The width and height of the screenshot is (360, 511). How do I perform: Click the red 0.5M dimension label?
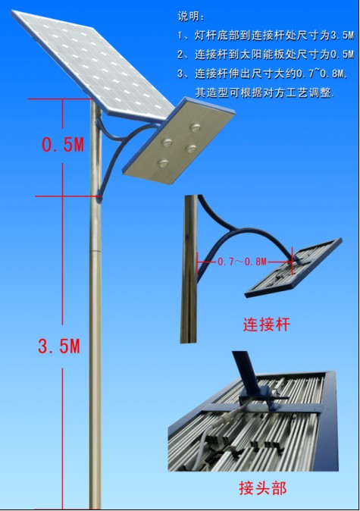(x=63, y=144)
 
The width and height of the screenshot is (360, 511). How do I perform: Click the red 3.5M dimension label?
(x=59, y=346)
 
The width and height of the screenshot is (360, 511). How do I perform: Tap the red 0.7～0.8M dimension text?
(x=243, y=262)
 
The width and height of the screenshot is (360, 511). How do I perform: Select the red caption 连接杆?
(x=267, y=324)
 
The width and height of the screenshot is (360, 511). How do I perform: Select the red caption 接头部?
(x=262, y=488)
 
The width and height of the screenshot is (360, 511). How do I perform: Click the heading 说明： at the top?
(x=192, y=16)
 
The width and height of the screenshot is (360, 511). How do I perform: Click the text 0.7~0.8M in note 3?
(x=321, y=74)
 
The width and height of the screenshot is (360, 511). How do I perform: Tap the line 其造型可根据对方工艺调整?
(x=265, y=93)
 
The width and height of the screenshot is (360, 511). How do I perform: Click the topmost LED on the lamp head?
(x=196, y=127)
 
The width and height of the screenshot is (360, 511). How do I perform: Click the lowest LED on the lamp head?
(x=163, y=163)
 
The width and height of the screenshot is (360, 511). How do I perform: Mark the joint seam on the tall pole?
(x=95, y=251)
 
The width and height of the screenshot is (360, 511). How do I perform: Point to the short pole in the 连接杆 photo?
(x=189, y=269)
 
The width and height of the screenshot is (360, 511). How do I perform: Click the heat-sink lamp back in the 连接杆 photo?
(x=293, y=268)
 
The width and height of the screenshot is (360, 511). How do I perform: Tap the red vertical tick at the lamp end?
(x=293, y=262)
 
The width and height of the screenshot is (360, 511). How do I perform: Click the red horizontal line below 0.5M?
(x=67, y=196)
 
